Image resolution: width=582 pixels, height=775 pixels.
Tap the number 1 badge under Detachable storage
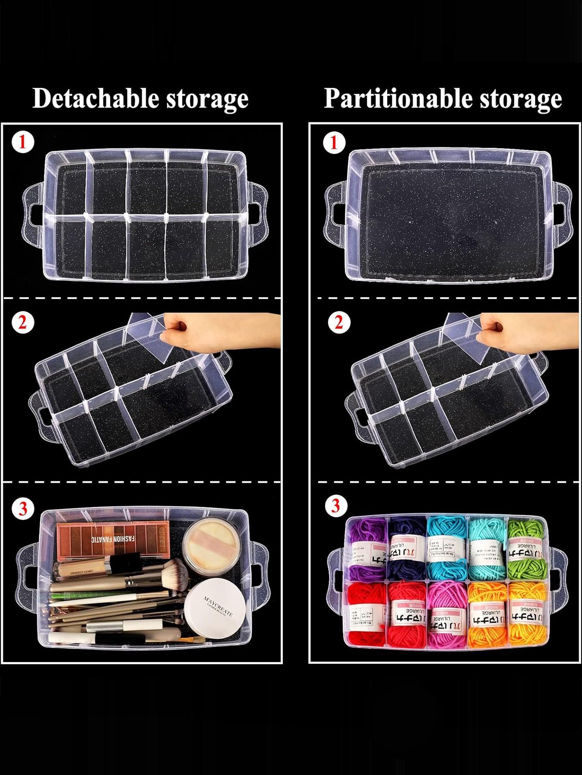coord(22,142)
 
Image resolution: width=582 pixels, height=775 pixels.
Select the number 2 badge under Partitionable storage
coord(339,322)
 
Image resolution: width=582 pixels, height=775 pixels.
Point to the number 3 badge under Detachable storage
coord(22,508)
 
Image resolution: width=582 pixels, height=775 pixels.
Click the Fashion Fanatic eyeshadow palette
coord(113,539)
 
